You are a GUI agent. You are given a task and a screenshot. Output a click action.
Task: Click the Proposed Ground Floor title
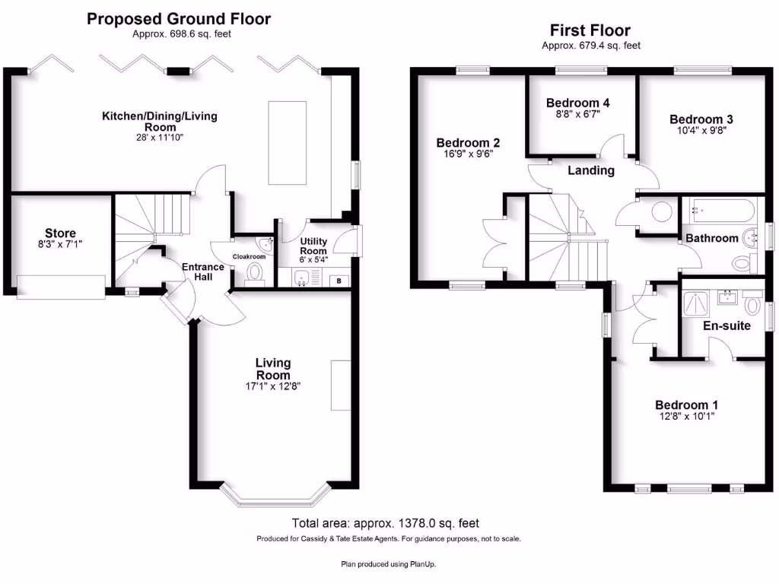[179, 19]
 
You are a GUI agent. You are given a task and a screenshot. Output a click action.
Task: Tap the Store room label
[59, 233]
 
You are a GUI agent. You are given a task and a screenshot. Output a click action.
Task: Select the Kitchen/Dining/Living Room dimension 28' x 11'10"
[159, 138]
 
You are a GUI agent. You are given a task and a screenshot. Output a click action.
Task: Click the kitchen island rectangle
[287, 143]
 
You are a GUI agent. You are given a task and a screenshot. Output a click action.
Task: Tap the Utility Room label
[313, 246]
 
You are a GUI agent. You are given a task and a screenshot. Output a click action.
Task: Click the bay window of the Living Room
[275, 497]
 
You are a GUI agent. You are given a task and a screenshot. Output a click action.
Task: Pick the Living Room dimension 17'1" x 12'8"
[272, 386]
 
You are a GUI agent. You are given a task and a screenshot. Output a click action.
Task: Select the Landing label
[591, 170]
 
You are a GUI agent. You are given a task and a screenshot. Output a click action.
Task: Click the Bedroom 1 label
[686, 405]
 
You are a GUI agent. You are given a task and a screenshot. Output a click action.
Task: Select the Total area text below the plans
[386, 523]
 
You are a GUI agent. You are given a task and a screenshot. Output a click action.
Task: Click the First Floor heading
[590, 31]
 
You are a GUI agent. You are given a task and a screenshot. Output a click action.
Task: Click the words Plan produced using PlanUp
[389, 563]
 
